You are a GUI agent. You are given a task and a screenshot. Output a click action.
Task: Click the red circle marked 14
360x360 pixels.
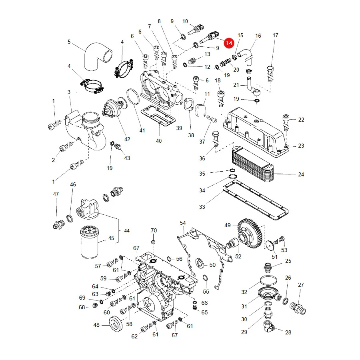pos(229,43)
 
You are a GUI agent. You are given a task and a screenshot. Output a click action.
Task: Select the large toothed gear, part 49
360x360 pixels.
pos(250,234)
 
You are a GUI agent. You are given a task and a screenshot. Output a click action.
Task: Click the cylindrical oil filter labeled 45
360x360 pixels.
pos(90,242)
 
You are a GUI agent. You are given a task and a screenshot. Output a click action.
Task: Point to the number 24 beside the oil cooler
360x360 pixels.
pos(301,174)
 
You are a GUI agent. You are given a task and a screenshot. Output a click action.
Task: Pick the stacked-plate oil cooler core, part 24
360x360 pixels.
pos(253,164)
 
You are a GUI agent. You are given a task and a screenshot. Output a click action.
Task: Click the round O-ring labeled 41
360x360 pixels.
pos(133,97)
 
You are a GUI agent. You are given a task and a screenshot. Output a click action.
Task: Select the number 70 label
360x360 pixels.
pos(154,230)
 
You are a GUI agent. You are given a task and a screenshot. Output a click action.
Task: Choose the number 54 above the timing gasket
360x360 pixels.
pos(183,223)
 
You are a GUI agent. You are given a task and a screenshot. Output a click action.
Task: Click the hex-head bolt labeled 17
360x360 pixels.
pos(270,73)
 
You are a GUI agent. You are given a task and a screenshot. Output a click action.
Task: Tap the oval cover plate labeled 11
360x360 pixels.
pos(200,110)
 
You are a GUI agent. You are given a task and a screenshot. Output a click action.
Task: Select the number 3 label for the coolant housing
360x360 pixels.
pos(69,92)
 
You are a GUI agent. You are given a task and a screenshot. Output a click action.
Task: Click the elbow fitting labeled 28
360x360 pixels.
pos(269,327)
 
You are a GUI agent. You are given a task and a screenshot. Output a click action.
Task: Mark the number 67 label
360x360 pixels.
pos(136,248)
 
